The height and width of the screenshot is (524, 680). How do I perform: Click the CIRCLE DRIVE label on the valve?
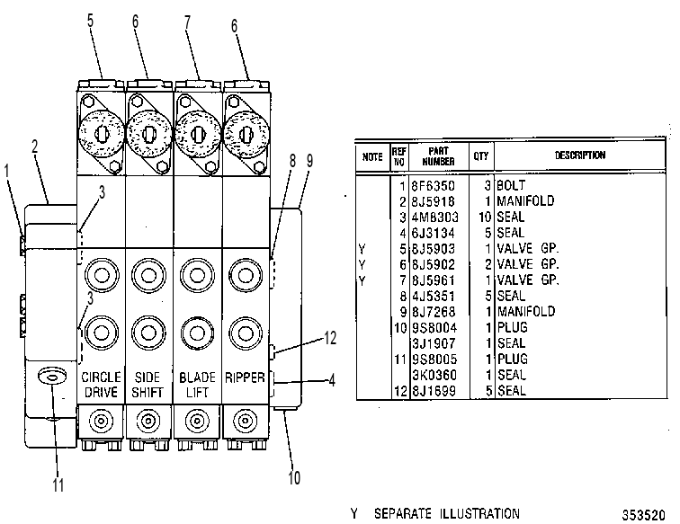101,385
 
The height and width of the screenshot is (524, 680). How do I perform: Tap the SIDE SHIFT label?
148,385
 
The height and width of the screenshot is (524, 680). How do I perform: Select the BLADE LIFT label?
197,385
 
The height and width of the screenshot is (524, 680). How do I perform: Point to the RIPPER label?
245,377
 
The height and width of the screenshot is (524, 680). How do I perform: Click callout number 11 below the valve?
58,485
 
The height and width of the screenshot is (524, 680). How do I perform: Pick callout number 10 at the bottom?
294,477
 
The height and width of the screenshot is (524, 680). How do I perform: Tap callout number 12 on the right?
330,338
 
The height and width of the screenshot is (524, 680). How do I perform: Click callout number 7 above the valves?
187,22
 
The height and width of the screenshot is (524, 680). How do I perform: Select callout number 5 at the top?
90,21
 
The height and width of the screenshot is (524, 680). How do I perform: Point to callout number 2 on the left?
35,147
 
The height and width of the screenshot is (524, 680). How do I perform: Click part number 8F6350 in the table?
433,186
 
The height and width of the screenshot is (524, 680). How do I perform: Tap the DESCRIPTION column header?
580,155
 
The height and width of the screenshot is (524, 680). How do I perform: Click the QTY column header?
481,156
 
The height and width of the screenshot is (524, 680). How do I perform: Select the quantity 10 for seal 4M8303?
485,218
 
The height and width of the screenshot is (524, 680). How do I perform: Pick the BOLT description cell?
511,185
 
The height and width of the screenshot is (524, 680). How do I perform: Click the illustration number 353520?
644,515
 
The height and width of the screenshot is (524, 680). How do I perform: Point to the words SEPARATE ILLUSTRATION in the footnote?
447,514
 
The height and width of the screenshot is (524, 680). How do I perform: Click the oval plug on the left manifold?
52,377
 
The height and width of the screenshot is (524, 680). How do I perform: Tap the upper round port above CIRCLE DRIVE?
102,275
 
